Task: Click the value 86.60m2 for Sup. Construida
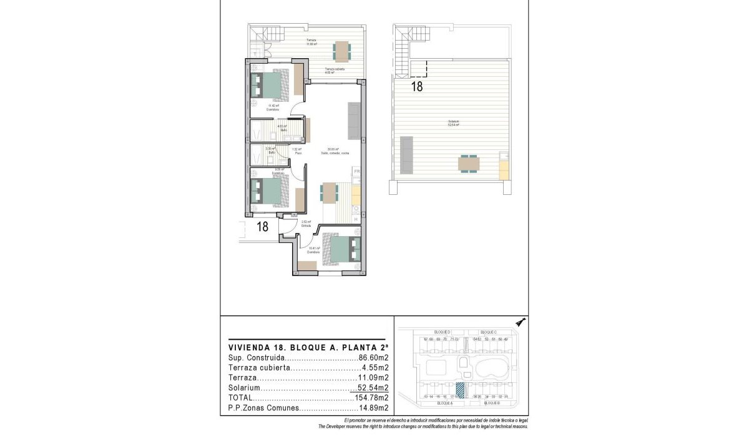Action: coord(373,358)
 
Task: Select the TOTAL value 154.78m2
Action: coord(372,398)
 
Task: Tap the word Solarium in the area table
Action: coord(243,388)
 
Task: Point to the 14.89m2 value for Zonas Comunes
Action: coord(373,408)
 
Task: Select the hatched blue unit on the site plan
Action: coord(461,389)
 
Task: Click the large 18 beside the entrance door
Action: coord(263,227)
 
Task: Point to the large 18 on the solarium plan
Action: coord(416,87)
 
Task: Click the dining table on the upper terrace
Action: coord(341,49)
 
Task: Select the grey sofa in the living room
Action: coord(354,121)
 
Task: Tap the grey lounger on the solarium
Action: coord(406,156)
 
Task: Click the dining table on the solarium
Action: coord(469,164)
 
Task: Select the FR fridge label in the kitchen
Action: coord(357,171)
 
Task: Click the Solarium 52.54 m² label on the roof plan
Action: coord(453,123)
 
